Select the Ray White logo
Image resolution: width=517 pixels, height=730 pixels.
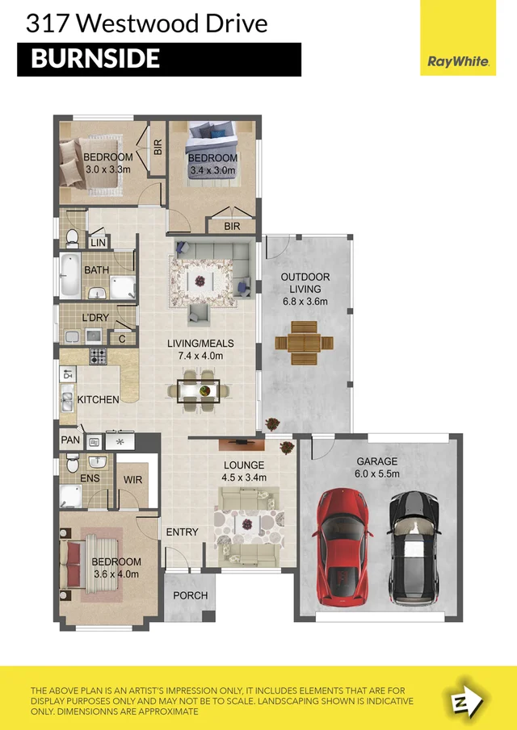pos(457,61)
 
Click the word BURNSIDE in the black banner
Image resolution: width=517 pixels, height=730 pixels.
pos(95,59)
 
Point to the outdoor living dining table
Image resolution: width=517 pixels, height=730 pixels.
pos(304,342)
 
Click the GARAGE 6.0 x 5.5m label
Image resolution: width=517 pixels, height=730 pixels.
pos(377,468)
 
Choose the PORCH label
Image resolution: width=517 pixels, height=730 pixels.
pos(191,596)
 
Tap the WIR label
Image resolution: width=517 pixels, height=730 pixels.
pos(133,479)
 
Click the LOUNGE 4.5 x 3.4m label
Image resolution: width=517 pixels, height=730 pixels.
pos(244,470)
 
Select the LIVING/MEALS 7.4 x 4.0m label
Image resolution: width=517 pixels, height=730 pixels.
pos(195,349)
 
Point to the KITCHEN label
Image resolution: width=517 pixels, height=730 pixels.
pos(98,399)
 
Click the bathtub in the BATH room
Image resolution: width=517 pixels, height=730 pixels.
pos(68,276)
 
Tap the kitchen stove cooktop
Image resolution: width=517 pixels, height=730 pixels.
pos(98,356)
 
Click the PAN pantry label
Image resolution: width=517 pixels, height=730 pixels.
pos(69,441)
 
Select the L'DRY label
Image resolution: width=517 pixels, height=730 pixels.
pos(96,318)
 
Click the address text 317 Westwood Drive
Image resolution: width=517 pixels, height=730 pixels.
pos(146,23)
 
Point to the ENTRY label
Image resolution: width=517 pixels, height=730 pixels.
pos(182,532)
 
